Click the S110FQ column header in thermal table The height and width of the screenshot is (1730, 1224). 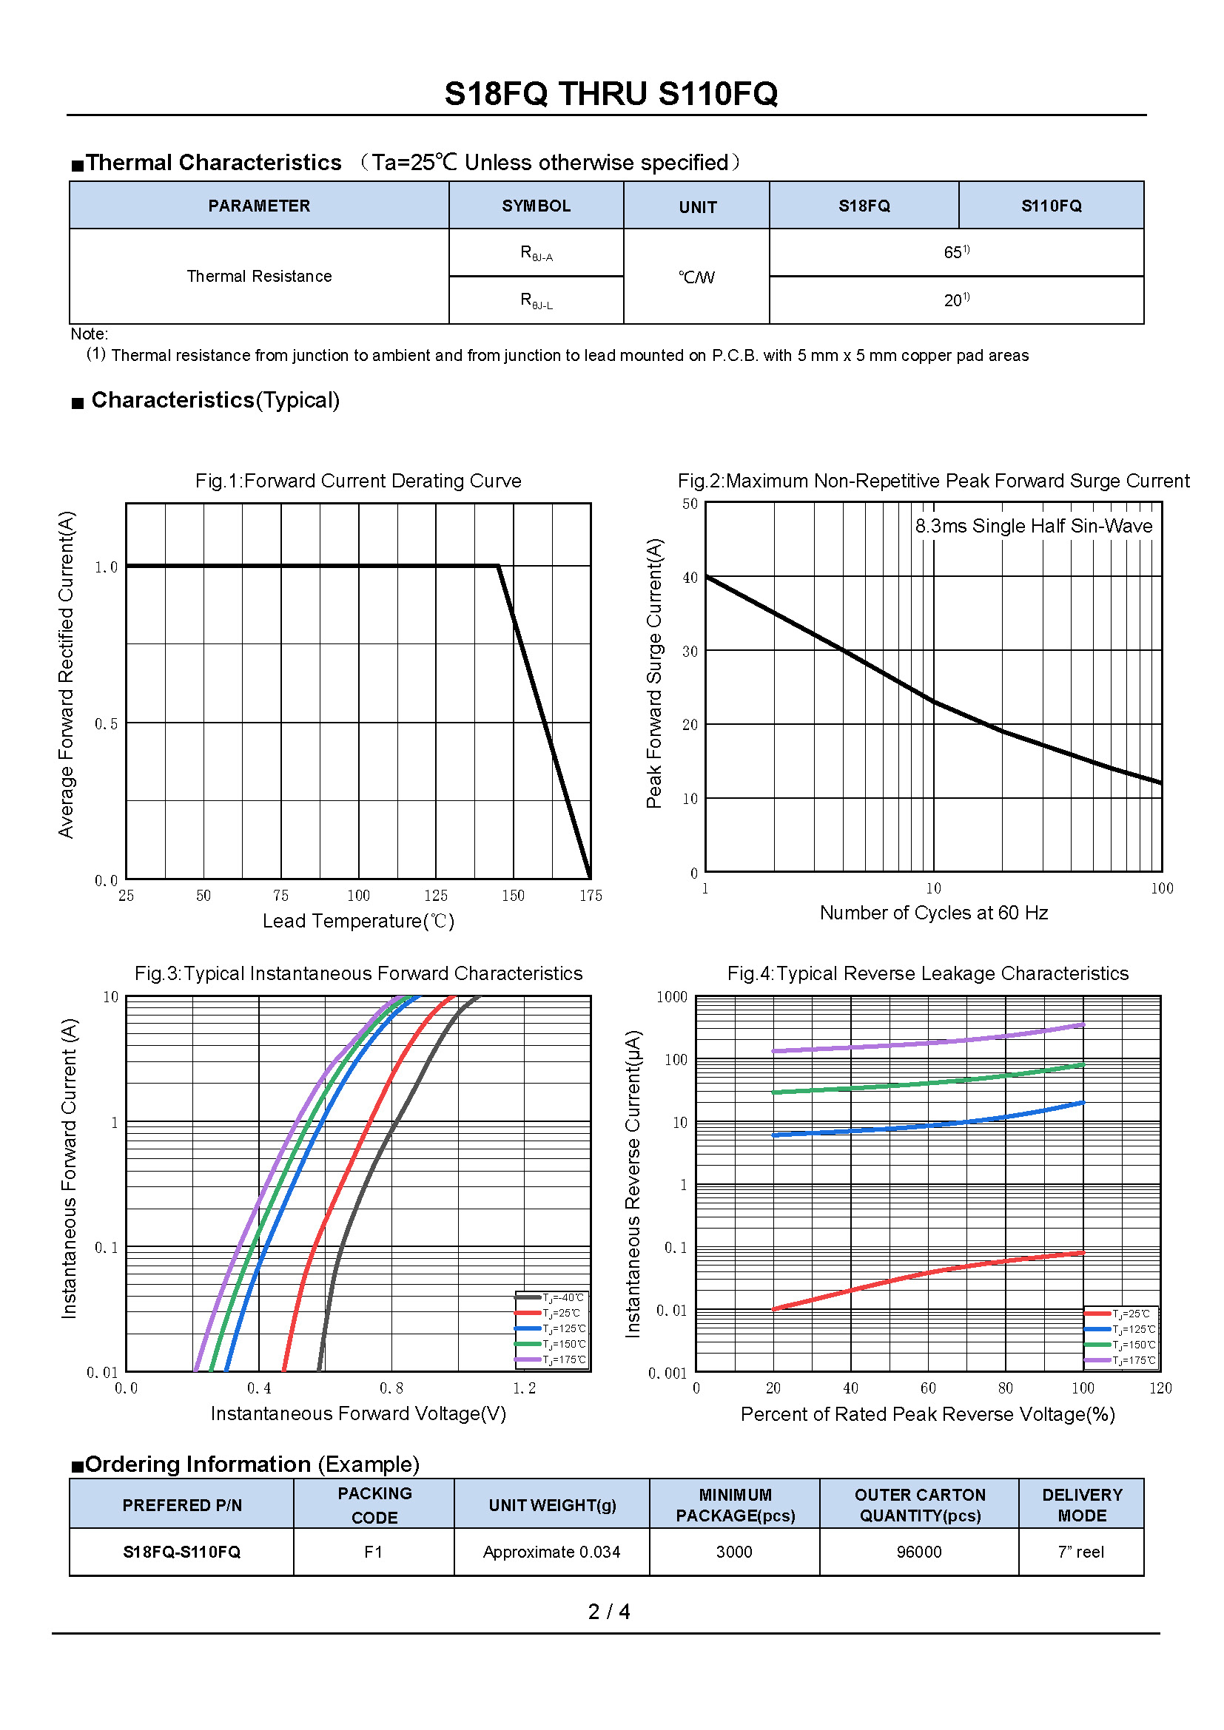[1051, 206]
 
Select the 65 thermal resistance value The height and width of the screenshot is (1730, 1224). [955, 252]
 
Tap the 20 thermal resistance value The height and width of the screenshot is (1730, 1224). [955, 300]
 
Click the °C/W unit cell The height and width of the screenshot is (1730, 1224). [696, 277]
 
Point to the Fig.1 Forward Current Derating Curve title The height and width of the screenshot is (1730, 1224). [358, 481]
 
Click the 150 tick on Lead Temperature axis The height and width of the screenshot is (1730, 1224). [514, 895]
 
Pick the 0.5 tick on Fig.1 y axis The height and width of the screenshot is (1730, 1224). [107, 724]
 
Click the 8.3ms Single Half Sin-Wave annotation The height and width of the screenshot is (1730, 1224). [1033, 526]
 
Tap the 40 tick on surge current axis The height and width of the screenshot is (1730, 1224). [690, 578]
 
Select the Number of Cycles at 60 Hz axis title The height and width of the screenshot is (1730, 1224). [933, 913]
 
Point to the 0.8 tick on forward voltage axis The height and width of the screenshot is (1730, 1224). [391, 1388]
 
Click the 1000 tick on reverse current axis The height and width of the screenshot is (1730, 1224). [671, 997]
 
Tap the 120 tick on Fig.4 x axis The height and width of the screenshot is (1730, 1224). [1160, 1388]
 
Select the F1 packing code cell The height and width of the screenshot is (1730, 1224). [374, 1552]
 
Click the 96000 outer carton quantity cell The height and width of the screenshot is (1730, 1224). [919, 1552]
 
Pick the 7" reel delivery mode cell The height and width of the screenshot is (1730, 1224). [1080, 1552]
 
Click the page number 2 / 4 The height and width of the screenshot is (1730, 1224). [609, 1612]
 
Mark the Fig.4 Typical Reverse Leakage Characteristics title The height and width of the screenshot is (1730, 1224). [927, 973]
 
